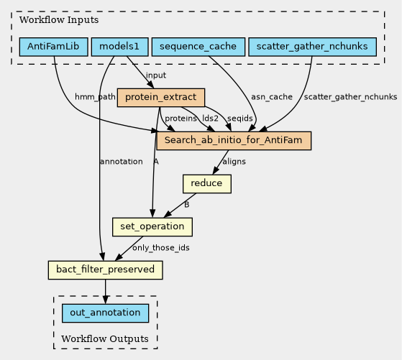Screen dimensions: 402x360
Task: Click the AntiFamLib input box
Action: pyautogui.click(x=54, y=47)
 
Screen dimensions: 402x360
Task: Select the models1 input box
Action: pyautogui.click(x=119, y=47)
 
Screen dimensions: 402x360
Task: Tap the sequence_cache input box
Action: pyautogui.click(x=198, y=47)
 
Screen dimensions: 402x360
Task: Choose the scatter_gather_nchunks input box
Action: pyautogui.click(x=312, y=47)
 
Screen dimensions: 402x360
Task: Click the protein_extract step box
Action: pyautogui.click(x=161, y=98)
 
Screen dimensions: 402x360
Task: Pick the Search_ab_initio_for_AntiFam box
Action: pyautogui.click(x=234, y=140)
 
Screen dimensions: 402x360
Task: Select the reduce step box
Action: pyautogui.click(x=207, y=184)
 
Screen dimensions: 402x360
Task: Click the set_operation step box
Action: pyautogui.click(x=152, y=227)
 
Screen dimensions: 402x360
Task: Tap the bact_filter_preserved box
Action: pyautogui.click(x=106, y=269)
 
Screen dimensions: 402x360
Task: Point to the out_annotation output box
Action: pyautogui.click(x=106, y=313)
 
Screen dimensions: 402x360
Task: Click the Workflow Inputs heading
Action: pyautogui.click(x=59, y=20)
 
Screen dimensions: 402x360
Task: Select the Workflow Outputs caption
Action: pyautogui.click(x=105, y=339)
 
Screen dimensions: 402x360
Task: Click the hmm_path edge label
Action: pyautogui.click(x=95, y=97)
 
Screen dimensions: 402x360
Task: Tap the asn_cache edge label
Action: pyautogui.click(x=272, y=97)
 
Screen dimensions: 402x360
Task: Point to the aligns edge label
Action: pyautogui.click(x=234, y=162)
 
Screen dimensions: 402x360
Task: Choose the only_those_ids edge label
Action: pyautogui.click(x=161, y=248)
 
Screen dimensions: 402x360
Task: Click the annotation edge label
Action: pyautogui.click(x=122, y=162)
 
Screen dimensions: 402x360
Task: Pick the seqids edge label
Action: pyautogui.click(x=240, y=119)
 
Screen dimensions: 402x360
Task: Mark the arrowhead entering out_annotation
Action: pyautogui.click(x=106, y=300)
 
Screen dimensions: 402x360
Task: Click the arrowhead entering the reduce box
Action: pyautogui.click(x=216, y=170)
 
